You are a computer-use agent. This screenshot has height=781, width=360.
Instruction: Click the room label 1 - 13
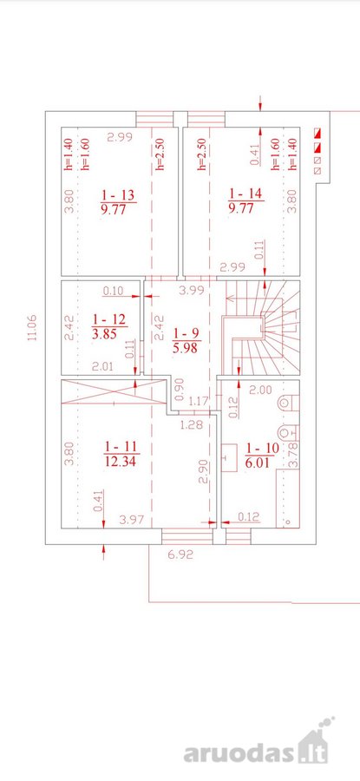(118, 194)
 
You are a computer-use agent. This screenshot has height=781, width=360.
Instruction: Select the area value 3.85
(104, 334)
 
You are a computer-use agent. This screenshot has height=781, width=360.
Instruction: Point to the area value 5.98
(186, 348)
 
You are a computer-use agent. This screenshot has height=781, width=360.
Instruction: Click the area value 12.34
(121, 462)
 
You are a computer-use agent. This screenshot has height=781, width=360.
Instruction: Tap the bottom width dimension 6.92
(180, 555)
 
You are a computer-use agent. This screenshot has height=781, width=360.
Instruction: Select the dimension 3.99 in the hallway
(191, 291)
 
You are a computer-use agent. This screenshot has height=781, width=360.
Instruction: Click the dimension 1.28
(193, 425)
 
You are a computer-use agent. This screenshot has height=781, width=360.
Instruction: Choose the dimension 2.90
(202, 472)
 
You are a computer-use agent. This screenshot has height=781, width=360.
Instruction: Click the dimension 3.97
(132, 520)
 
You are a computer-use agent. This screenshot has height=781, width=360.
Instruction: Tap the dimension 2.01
(102, 366)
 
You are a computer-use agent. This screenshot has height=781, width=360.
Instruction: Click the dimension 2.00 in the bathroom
(260, 390)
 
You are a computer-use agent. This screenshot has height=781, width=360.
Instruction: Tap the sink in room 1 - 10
(229, 457)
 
